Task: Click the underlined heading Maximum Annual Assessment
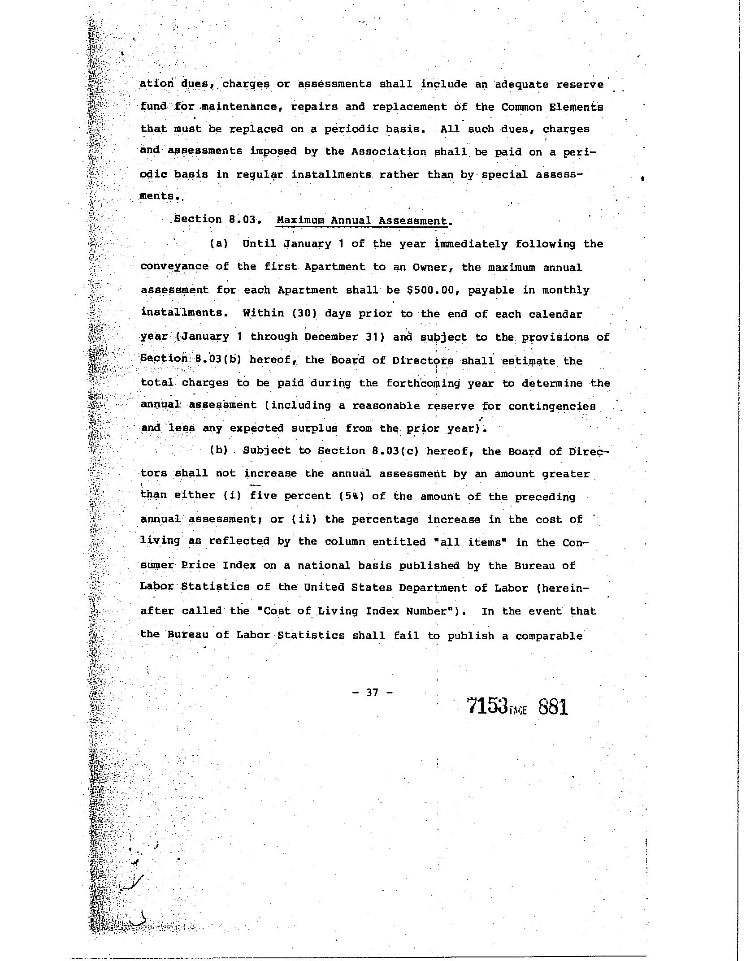[362, 221]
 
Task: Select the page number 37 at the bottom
[372, 692]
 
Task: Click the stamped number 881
[553, 707]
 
